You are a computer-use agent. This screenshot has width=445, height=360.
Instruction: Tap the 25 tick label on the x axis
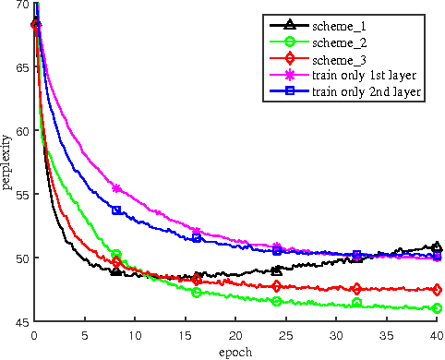286,335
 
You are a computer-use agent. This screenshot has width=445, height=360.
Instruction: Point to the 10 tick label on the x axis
135,335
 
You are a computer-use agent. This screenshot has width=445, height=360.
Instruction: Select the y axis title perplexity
7,163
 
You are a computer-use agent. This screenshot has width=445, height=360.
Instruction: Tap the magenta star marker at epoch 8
116,188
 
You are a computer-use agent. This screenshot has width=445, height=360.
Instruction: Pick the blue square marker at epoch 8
116,210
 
